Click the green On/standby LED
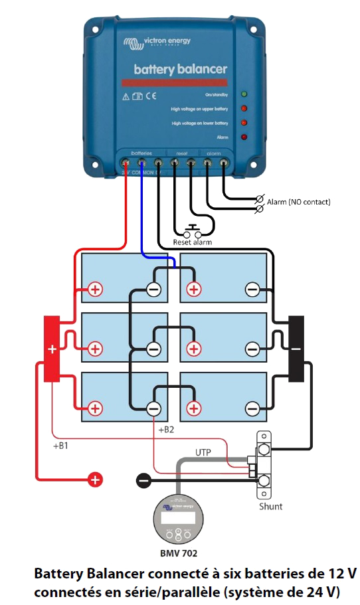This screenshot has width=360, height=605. pyautogui.click(x=244, y=94)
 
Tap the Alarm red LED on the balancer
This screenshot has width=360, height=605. pyautogui.click(x=244, y=137)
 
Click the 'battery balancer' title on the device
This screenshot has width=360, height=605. pyautogui.click(x=180, y=69)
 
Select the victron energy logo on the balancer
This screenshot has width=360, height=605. pyautogui.click(x=157, y=43)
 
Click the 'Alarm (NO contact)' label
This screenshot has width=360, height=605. pyautogui.click(x=298, y=201)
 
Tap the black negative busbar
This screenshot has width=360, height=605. pyautogui.click(x=296, y=349)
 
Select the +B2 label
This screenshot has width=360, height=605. pyautogui.click(x=166, y=430)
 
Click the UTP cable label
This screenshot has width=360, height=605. pyautogui.click(x=203, y=452)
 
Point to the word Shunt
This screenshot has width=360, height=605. pyautogui.click(x=270, y=506)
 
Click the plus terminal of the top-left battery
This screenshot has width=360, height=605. pyautogui.click(x=96, y=289)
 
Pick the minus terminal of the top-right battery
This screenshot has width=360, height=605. pyautogui.click(x=252, y=289)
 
